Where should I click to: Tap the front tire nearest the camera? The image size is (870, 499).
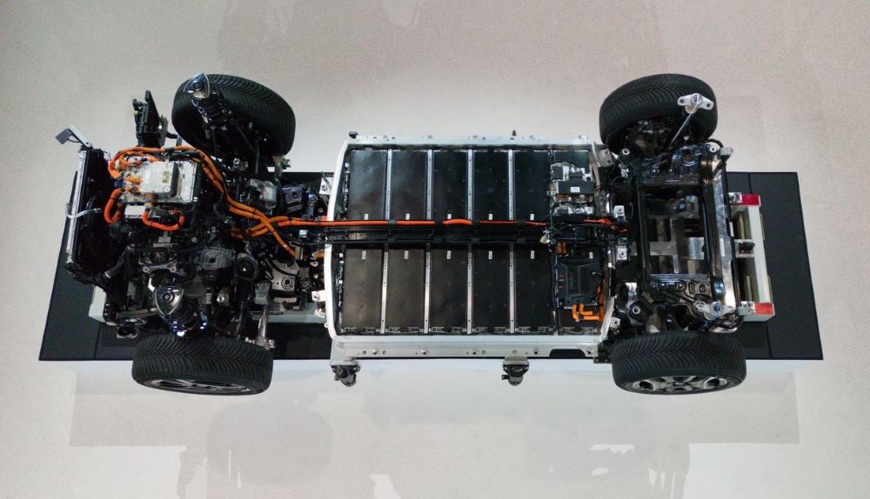(202, 363)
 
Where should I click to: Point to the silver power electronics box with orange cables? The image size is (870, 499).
(159, 178)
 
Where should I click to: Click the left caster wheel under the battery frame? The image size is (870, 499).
(345, 375)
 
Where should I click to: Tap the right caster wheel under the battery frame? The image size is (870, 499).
(515, 373)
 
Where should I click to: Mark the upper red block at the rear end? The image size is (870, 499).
(746, 200)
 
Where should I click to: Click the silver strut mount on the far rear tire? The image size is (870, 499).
(695, 103)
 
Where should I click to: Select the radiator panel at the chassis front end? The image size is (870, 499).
(87, 209)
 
